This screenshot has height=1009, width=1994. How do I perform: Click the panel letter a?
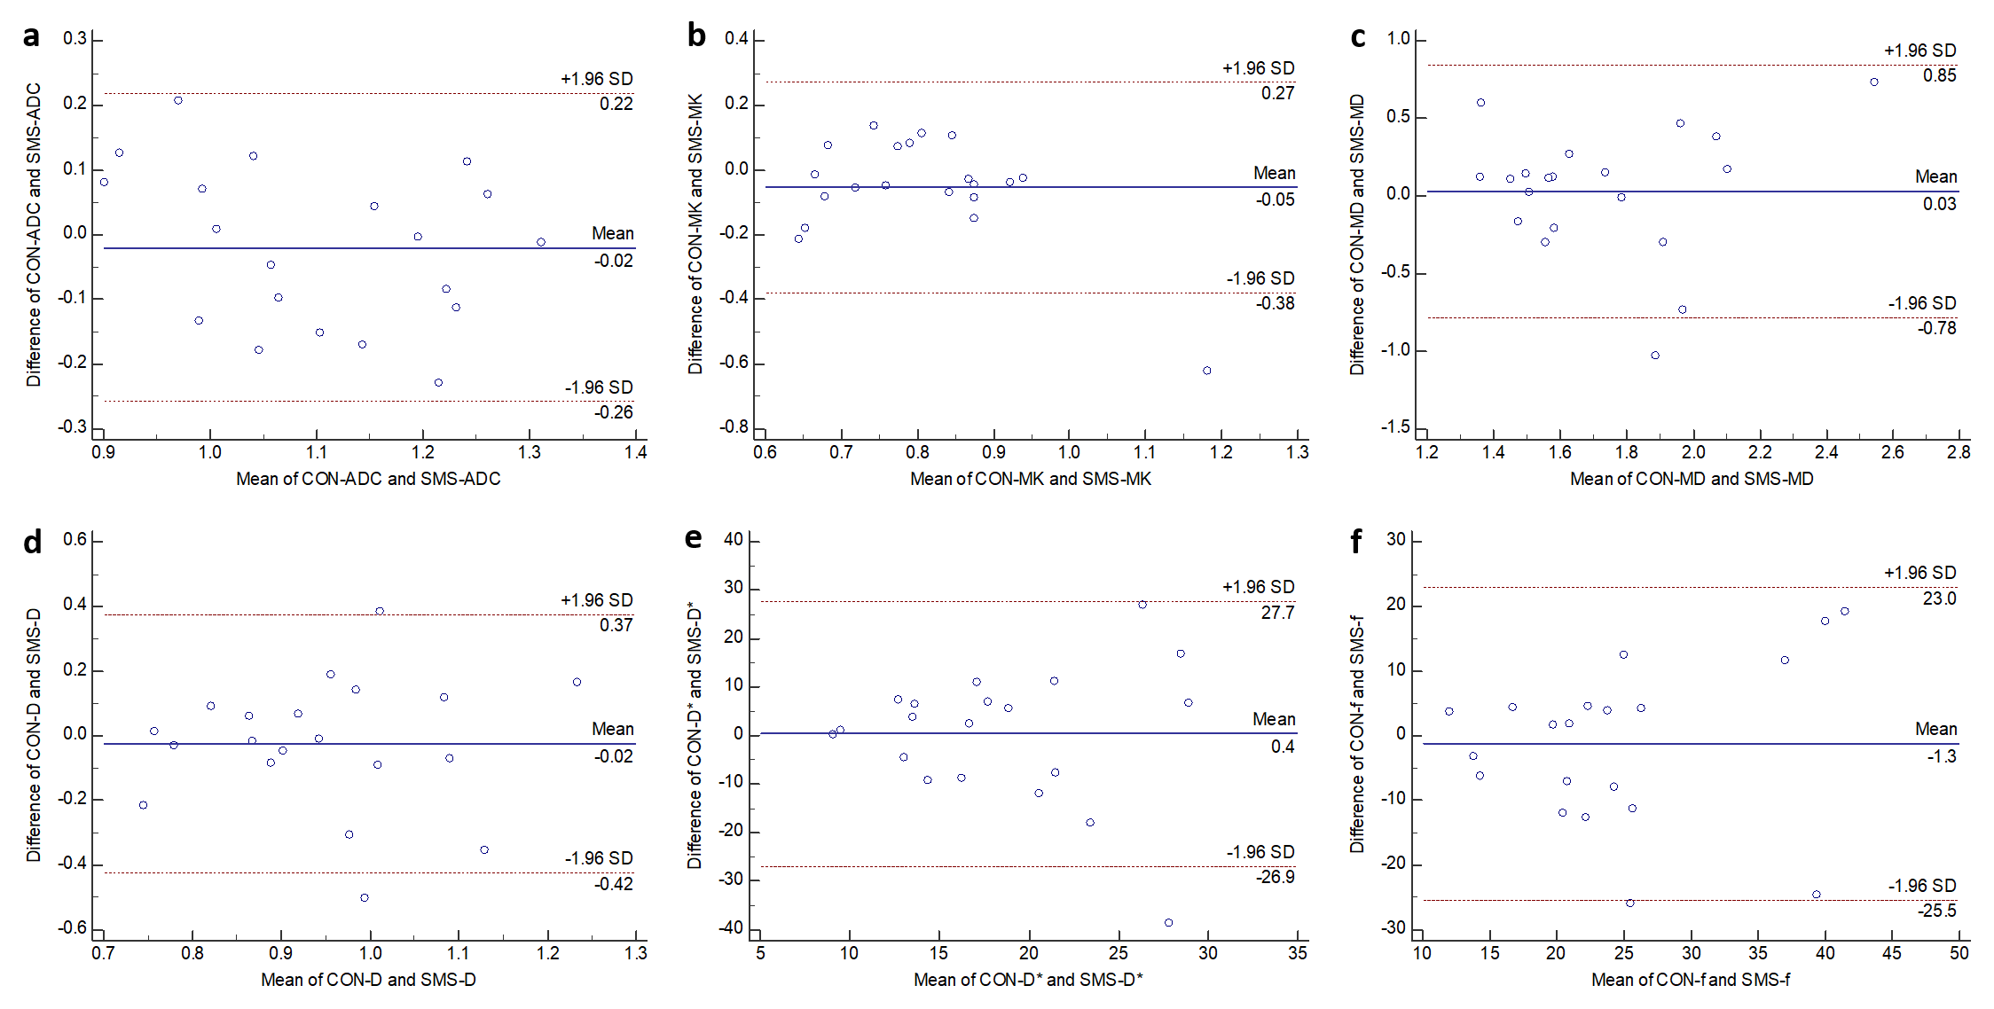coord(32,37)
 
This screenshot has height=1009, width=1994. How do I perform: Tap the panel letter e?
coord(694,538)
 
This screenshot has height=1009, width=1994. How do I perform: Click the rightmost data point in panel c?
coord(1874,82)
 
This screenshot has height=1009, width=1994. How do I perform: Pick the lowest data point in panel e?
coord(1168,923)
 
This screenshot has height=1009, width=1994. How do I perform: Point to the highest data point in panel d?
coord(380,611)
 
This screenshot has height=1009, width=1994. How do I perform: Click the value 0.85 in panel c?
coord(1939,76)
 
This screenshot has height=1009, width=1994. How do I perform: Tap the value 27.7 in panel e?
coord(1277,613)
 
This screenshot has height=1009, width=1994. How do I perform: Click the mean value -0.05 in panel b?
coord(1276,200)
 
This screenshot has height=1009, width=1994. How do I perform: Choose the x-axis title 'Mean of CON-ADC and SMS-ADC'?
coord(368,479)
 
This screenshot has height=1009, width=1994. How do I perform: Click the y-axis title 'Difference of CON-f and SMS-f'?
coord(1357,734)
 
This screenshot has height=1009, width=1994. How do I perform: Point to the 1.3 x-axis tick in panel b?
coord(1297,452)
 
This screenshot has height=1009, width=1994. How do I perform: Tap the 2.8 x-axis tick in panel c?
coord(1959,452)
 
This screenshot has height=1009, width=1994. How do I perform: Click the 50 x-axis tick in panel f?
coord(1959,953)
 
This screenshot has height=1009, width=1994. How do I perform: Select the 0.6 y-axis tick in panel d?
coord(75,540)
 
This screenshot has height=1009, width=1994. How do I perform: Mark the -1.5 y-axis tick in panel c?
coord(1395,427)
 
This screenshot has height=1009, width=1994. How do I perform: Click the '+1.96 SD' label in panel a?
coord(596,79)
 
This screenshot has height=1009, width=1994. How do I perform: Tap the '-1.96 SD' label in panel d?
coord(599,858)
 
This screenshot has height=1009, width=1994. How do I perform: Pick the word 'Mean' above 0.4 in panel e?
coord(1274,719)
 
